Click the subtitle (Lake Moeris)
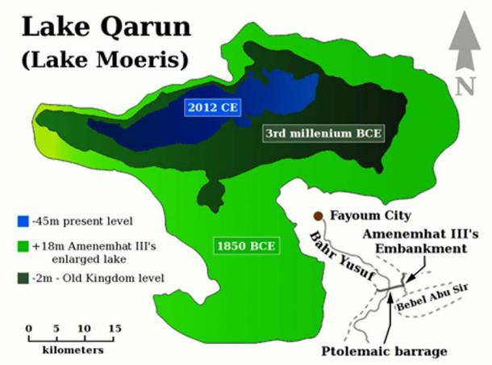coord(106,59)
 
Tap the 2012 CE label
coord(213,107)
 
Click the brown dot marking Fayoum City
coord(319,216)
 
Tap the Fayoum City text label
coord(369,216)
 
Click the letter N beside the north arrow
coord(463,86)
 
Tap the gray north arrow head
coord(463,32)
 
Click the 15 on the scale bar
coord(115,328)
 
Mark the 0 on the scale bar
coord(28,328)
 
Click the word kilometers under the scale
coord(71,351)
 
